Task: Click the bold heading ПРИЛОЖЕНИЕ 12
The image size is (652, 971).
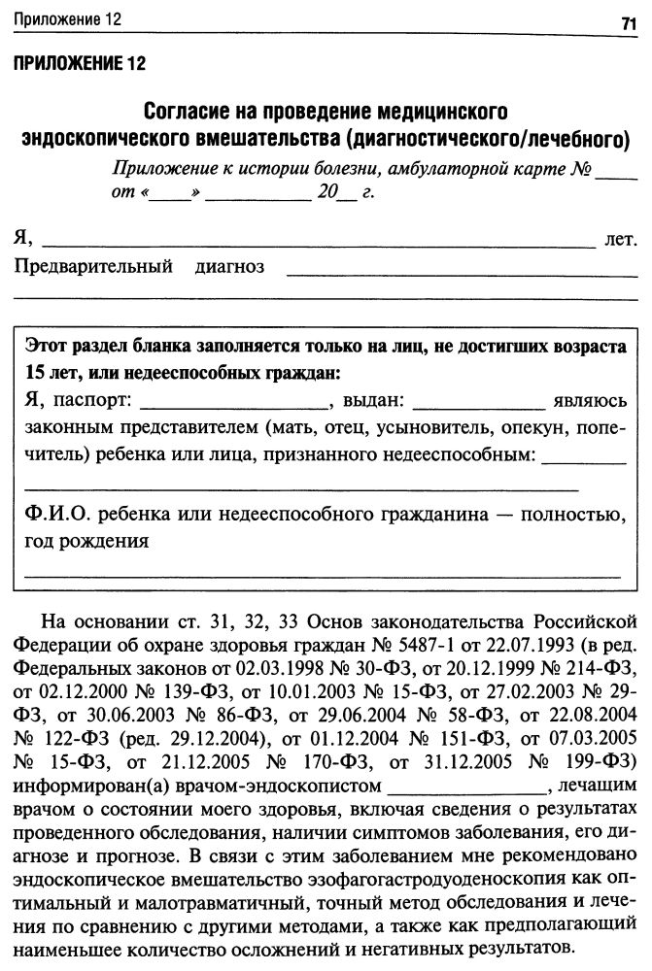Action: point(79,65)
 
